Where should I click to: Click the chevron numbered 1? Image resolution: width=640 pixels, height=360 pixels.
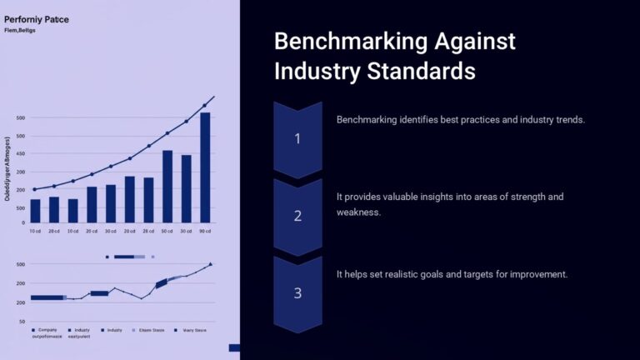pyautogui.click(x=297, y=137)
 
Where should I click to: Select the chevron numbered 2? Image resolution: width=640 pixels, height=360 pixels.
pyautogui.click(x=297, y=215)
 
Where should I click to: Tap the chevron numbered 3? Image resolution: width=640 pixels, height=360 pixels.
pyautogui.click(x=297, y=292)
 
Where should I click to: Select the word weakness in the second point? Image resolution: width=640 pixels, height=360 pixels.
pyautogui.click(x=358, y=212)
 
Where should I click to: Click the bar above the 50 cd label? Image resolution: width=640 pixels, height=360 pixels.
pyautogui.click(x=167, y=187)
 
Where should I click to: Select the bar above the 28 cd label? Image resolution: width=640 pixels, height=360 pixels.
pyautogui.click(x=148, y=200)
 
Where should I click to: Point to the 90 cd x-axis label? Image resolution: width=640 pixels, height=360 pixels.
pyautogui.click(x=205, y=231)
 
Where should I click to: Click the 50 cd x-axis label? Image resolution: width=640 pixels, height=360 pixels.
pyautogui.click(x=167, y=231)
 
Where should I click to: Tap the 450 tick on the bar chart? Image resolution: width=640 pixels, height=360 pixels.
pyautogui.click(x=21, y=156)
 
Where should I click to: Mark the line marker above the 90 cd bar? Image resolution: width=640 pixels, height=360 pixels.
pyautogui.click(x=205, y=106)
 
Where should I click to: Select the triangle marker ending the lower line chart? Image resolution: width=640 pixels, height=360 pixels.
pyautogui.click(x=210, y=264)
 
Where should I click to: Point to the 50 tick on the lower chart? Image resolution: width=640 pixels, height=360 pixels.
pyautogui.click(x=22, y=322)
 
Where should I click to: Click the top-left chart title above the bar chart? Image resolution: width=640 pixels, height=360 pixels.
pyautogui.click(x=37, y=18)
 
